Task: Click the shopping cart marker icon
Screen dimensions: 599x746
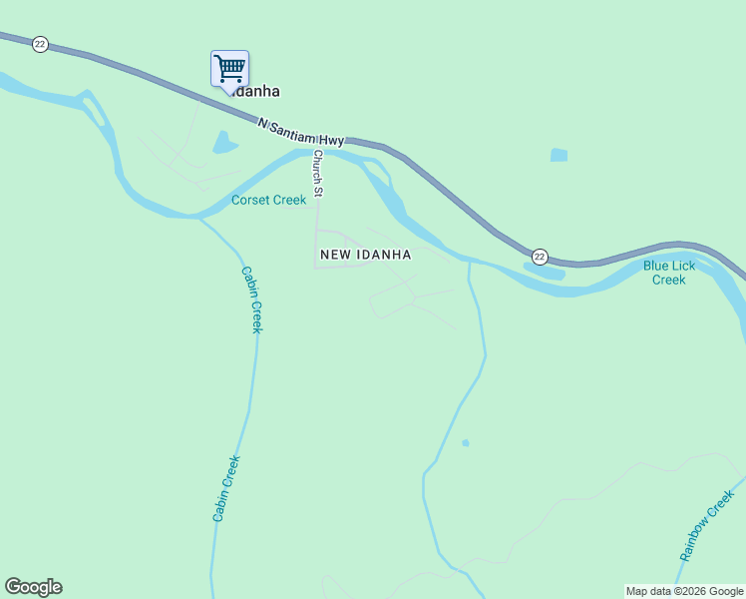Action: click(229, 69)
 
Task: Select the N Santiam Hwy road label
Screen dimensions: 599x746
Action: click(300, 133)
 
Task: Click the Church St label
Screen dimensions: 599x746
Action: click(318, 173)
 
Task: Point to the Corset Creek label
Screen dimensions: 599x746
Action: click(268, 200)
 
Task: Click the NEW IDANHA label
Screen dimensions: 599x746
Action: click(366, 255)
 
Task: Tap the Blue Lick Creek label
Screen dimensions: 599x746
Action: click(669, 273)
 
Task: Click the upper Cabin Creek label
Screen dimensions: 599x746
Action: click(251, 299)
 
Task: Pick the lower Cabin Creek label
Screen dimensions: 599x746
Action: click(226, 488)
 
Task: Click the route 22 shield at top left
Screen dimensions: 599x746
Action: click(40, 44)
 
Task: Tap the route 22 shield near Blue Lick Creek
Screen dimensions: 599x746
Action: click(540, 257)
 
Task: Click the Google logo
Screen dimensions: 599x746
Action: click(33, 587)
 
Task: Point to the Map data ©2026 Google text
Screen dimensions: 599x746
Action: click(684, 591)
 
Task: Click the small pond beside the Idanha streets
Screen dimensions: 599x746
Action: click(223, 145)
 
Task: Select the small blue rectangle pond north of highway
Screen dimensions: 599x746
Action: click(559, 155)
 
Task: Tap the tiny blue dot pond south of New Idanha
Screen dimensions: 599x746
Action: click(465, 442)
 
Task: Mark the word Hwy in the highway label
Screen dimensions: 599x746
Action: click(331, 140)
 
